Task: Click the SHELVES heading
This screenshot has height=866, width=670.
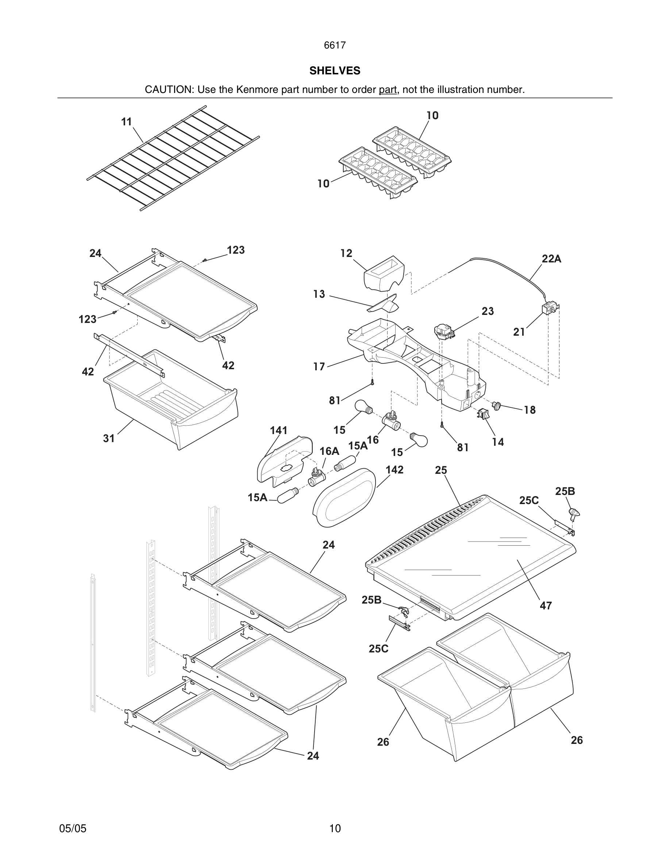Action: click(x=335, y=71)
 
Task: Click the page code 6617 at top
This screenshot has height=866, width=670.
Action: click(x=335, y=45)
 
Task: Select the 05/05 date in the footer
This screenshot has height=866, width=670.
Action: click(x=73, y=828)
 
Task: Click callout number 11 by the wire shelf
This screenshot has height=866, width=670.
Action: click(x=126, y=122)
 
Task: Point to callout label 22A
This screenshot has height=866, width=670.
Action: click(x=551, y=259)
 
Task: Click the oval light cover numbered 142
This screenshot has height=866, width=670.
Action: click(x=344, y=498)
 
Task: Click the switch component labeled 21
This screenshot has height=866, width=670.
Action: click(x=551, y=308)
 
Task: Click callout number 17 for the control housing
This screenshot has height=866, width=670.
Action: click(x=319, y=366)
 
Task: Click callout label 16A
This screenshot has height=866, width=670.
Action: click(x=329, y=451)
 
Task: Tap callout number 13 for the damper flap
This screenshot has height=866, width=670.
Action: click(x=319, y=294)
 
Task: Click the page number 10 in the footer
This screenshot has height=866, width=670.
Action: click(x=335, y=828)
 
